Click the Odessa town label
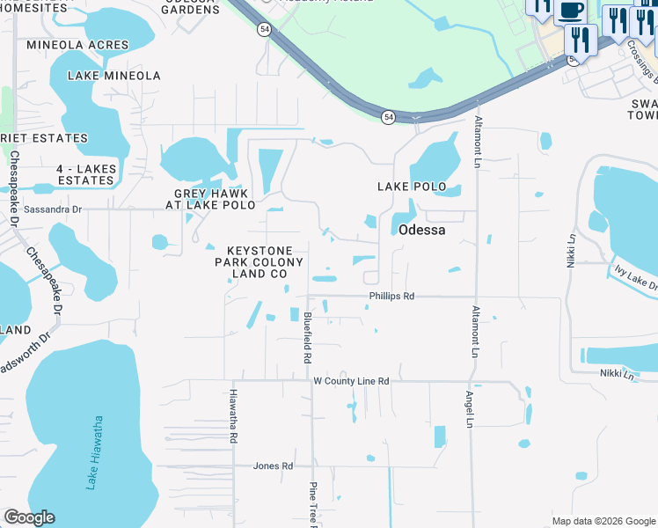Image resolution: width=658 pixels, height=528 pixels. (x=421, y=230)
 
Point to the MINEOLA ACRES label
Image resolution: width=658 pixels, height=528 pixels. (x=77, y=45)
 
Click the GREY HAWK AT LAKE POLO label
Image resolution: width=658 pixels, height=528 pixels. (x=210, y=199)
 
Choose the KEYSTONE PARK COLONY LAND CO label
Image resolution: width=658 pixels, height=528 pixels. (x=260, y=262)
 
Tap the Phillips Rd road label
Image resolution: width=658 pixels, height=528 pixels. (x=391, y=297)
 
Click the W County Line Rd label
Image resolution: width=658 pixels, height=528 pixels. (x=351, y=381)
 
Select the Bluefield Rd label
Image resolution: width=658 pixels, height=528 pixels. (x=307, y=339)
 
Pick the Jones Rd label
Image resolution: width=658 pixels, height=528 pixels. (x=273, y=466)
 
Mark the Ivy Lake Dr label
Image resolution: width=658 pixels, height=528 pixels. (x=636, y=279)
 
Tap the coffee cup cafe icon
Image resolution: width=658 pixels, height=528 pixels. (x=570, y=10)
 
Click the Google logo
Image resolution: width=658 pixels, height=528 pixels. (x=29, y=517)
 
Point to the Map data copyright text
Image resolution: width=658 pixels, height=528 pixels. (x=603, y=521)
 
